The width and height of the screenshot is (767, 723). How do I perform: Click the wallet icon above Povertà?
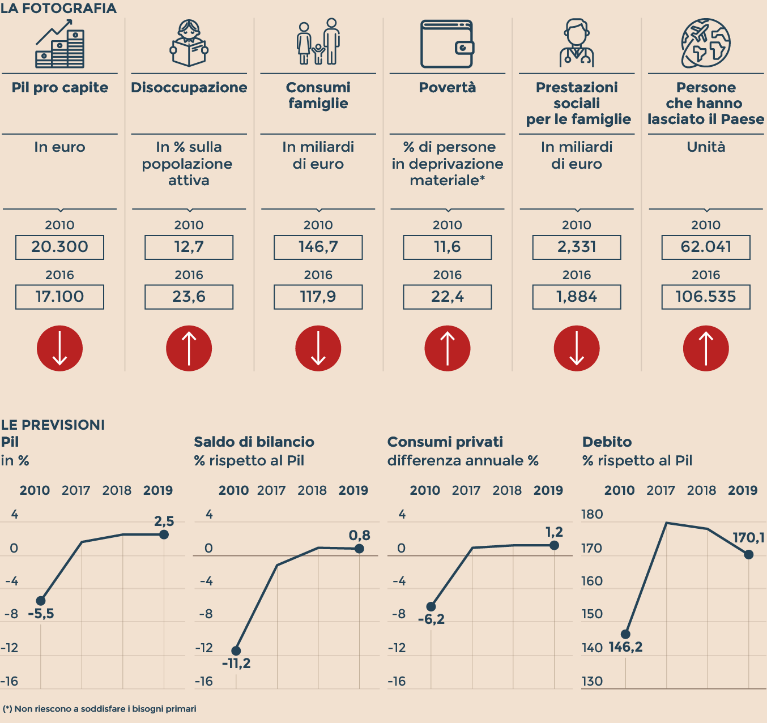click(x=447, y=44)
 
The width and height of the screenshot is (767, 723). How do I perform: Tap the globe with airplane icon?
click(x=705, y=43)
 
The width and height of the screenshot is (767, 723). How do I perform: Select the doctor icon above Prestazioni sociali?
click(x=576, y=44)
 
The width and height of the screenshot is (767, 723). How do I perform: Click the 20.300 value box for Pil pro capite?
click(x=59, y=247)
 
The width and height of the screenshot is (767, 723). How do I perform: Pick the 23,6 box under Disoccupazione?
click(x=189, y=297)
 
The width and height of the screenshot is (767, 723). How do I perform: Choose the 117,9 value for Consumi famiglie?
click(x=318, y=297)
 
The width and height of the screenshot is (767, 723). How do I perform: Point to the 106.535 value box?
click(x=705, y=297)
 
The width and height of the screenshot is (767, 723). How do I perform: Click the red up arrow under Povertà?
click(x=447, y=348)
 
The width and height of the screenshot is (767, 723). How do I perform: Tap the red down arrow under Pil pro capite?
click(x=59, y=348)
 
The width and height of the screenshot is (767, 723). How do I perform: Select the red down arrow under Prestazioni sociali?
click(x=576, y=348)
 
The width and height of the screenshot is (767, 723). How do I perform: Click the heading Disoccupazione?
click(x=189, y=88)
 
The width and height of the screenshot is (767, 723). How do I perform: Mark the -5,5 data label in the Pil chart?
click(x=41, y=614)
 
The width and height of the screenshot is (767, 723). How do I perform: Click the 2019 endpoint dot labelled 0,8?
click(x=359, y=549)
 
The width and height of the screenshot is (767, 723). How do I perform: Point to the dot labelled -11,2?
click(x=236, y=651)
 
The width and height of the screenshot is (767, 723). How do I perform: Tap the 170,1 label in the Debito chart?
click(x=748, y=537)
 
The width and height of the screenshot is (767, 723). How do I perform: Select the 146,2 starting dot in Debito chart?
click(x=625, y=634)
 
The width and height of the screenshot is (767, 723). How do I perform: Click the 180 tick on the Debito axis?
click(x=592, y=515)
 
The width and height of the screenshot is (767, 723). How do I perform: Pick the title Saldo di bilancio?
click(x=254, y=442)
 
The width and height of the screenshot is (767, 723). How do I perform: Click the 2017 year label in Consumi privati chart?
click(x=466, y=490)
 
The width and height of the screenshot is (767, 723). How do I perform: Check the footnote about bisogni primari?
click(x=100, y=709)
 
